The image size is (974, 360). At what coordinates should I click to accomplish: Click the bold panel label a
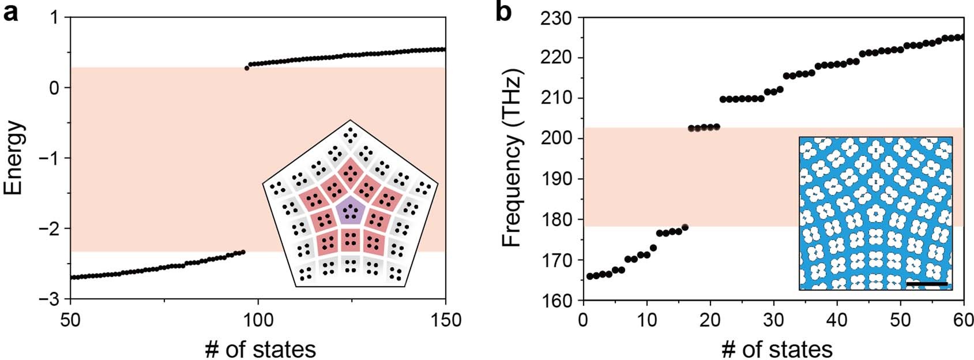pos(10,12)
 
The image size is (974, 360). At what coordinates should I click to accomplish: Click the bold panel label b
pos(503,12)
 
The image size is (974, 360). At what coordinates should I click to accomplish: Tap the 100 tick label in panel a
pos(257,318)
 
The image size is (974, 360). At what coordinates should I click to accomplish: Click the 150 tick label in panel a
pos(445,318)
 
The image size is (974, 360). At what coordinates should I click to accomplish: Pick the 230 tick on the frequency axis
pos(556,18)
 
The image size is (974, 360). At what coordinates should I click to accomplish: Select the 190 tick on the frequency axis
pos(556,179)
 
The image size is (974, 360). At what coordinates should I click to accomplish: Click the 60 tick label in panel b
pos(964,318)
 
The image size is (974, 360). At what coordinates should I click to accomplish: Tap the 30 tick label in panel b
pos(774,318)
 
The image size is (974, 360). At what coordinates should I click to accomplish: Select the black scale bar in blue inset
pos(927,284)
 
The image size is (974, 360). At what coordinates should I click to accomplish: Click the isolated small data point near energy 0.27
pos(247,68)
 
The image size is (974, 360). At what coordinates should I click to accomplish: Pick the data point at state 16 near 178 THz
pos(685,227)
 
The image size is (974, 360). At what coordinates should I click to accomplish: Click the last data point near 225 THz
pos(961,37)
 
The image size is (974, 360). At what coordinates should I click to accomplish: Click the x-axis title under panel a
pos(260,349)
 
